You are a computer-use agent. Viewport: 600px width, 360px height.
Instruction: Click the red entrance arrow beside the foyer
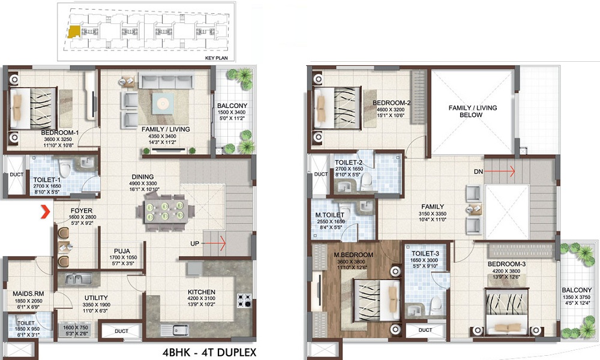pyautogui.click(x=46, y=212)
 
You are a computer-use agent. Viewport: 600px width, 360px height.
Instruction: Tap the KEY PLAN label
pyautogui.click(x=216, y=58)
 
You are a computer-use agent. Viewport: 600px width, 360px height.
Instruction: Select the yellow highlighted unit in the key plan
pyautogui.click(x=74, y=32)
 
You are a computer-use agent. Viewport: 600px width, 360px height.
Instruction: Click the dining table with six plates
pyautogui.click(x=165, y=211)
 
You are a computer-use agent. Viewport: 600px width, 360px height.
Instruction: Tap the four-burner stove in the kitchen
pyautogui.click(x=244, y=301)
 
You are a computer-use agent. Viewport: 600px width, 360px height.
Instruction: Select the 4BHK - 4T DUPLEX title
pyautogui.click(x=209, y=352)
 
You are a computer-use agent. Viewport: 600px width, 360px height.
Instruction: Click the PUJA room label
pyautogui.click(x=122, y=251)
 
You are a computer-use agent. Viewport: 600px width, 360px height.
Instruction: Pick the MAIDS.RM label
pyautogui.click(x=28, y=294)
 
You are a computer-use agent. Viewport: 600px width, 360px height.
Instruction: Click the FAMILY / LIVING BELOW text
pyautogui.click(x=473, y=112)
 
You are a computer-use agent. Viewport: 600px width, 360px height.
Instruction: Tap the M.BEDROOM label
pyautogui.click(x=353, y=255)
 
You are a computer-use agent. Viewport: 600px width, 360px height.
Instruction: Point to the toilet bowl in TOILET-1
pyautogui.click(x=65, y=168)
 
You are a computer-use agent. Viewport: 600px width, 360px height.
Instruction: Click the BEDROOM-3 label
pyautogui.click(x=506, y=264)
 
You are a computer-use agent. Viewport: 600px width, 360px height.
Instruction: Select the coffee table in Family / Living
pyautogui.click(x=163, y=103)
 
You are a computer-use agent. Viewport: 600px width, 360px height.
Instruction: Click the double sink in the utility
pyautogui.click(x=78, y=279)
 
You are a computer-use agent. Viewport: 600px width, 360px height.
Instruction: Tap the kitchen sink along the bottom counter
pyautogui.click(x=175, y=330)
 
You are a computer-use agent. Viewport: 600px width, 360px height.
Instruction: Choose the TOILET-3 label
pyautogui.click(x=425, y=254)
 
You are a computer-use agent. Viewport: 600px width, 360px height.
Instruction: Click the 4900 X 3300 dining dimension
pyautogui.click(x=143, y=183)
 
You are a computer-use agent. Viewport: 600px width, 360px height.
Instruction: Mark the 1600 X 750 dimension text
pyautogui.click(x=76, y=328)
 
